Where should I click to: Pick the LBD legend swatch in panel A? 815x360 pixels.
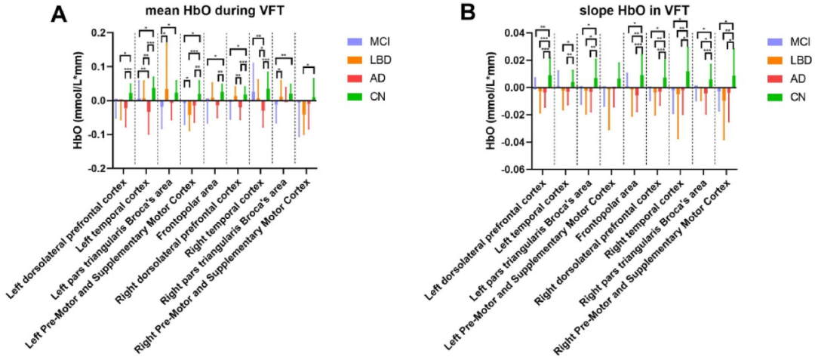click(x=353, y=58)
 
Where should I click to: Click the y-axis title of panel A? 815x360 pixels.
click(x=78, y=101)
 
